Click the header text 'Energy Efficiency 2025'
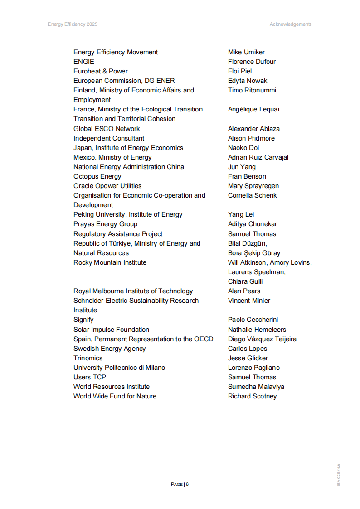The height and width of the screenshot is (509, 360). pyautogui.click(x=73, y=24)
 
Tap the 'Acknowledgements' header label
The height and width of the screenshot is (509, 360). pyautogui.click(x=290, y=24)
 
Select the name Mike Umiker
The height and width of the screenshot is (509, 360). pyautogui.click(x=246, y=52)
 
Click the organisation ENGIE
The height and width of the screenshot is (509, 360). pyautogui.click(x=84, y=62)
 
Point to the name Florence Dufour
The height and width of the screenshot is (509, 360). pyautogui.click(x=252, y=62)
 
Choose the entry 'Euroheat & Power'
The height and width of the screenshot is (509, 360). pyautogui.click(x=101, y=71)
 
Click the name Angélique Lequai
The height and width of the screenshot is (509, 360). pyautogui.click(x=253, y=109)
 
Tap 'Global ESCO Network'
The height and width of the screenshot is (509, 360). pyautogui.click(x=107, y=129)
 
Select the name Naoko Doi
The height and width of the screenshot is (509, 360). pyautogui.click(x=243, y=148)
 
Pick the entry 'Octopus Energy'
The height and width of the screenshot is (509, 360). pyautogui.click(x=97, y=176)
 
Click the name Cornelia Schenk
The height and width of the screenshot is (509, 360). pyautogui.click(x=252, y=195)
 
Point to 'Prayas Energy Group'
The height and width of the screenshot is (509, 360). pyautogui.click(x=105, y=224)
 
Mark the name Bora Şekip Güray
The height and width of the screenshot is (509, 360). pyautogui.click(x=254, y=253)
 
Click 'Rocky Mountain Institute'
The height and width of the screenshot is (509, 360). pyautogui.click(x=110, y=262)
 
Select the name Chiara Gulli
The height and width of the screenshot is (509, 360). pyautogui.click(x=245, y=281)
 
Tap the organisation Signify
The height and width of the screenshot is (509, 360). pyautogui.click(x=83, y=320)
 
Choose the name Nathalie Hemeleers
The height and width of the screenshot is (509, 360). pyautogui.click(x=257, y=330)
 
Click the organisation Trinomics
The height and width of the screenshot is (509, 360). pyautogui.click(x=88, y=358)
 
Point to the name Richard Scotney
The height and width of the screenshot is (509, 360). pyautogui.click(x=252, y=396)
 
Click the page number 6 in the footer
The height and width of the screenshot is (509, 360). pyautogui.click(x=187, y=484)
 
